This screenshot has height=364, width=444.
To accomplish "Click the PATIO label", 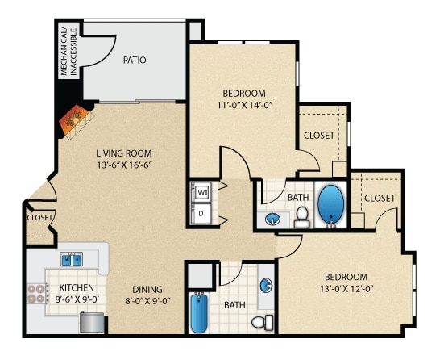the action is [135, 61].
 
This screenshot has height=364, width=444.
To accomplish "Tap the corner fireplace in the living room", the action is [77, 121].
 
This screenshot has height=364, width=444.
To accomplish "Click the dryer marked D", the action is [201, 214].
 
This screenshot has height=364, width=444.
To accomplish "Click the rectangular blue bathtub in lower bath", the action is [199, 312].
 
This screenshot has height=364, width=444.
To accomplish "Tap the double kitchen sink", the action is [72, 259].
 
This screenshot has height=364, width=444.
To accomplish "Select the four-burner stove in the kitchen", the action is [36, 294].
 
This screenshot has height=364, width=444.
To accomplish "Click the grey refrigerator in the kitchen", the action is [92, 322].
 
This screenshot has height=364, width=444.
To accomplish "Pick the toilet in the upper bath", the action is [302, 217].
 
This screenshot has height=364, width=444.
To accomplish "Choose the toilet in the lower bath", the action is [262, 323].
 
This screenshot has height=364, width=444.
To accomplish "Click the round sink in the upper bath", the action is [272, 219].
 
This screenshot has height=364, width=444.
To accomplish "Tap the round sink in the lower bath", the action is [266, 285].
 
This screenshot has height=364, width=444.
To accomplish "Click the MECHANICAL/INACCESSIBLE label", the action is [68, 52].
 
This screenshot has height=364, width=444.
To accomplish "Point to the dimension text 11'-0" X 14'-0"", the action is [245, 105].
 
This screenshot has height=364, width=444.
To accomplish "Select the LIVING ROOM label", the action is [124, 153].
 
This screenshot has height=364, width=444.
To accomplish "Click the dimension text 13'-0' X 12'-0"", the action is [346, 289].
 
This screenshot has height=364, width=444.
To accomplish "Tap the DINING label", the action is [147, 290].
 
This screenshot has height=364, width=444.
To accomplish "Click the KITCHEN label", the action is [77, 287].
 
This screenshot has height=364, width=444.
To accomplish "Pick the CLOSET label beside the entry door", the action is [39, 218].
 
